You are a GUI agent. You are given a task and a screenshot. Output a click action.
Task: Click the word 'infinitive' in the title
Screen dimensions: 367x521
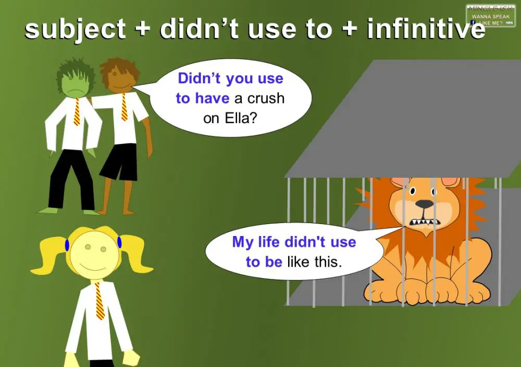(x=426, y=29)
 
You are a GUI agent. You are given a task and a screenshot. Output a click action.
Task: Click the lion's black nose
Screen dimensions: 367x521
(x=425, y=204)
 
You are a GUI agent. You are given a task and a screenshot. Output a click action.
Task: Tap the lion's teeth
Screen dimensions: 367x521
(x=423, y=222)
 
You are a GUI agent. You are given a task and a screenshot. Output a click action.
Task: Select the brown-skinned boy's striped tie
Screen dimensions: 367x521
(x=125, y=107)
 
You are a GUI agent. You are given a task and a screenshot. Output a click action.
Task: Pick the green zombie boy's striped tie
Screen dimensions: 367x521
(x=77, y=111)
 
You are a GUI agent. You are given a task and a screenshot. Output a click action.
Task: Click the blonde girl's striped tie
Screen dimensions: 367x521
(x=99, y=301)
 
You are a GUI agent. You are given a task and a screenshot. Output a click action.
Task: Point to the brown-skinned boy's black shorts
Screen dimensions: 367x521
(x=118, y=161)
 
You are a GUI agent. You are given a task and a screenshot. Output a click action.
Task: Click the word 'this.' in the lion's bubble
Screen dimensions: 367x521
(x=327, y=261)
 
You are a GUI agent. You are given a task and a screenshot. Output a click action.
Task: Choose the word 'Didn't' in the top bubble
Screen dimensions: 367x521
(x=200, y=78)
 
